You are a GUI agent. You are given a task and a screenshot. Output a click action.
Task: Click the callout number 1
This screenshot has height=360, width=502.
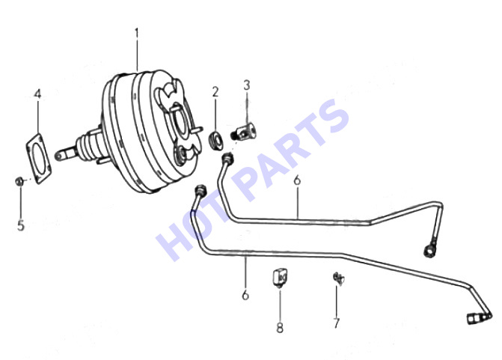click(x=137, y=34)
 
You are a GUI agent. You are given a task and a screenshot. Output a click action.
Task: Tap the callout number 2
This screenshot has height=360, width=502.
click(x=215, y=91)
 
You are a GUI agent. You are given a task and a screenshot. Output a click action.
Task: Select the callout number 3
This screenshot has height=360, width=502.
click(x=247, y=85)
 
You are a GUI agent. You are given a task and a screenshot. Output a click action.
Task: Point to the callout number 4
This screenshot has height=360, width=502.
click(x=37, y=94)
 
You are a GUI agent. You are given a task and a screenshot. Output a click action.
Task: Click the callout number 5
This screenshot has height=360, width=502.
click(x=20, y=225)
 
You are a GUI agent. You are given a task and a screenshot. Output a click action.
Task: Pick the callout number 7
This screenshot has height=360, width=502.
click(x=336, y=323)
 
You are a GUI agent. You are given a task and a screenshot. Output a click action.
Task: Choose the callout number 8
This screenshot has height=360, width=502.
click(x=280, y=327)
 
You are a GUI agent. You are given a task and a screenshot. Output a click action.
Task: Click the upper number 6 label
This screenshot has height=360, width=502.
click(x=297, y=180)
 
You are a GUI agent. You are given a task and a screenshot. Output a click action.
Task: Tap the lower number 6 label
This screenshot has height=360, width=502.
click(x=245, y=295)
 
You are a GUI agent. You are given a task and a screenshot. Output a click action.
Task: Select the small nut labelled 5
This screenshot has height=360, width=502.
click(x=19, y=181)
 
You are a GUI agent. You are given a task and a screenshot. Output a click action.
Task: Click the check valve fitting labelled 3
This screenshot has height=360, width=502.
click(x=244, y=132)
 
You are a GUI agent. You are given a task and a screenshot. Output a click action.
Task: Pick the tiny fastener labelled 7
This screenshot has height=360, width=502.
click(x=338, y=278)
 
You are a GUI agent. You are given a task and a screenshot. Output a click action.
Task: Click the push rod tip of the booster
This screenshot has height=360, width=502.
click(x=58, y=156)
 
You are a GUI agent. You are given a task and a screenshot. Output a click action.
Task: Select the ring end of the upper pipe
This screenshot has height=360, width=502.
click(x=429, y=249)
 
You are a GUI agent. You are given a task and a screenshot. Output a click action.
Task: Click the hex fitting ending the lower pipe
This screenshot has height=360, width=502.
click(x=473, y=319)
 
